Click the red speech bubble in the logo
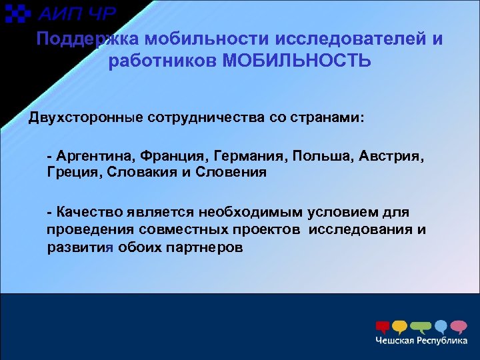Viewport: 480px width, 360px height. click(x=383, y=327)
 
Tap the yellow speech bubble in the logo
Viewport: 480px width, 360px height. click(x=399, y=327)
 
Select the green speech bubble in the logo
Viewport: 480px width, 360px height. click(x=420, y=327)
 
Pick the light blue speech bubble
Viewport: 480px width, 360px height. click(x=441, y=327)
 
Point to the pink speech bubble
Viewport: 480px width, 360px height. click(x=459, y=327)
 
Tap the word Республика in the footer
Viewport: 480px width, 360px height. click(x=444, y=341)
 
